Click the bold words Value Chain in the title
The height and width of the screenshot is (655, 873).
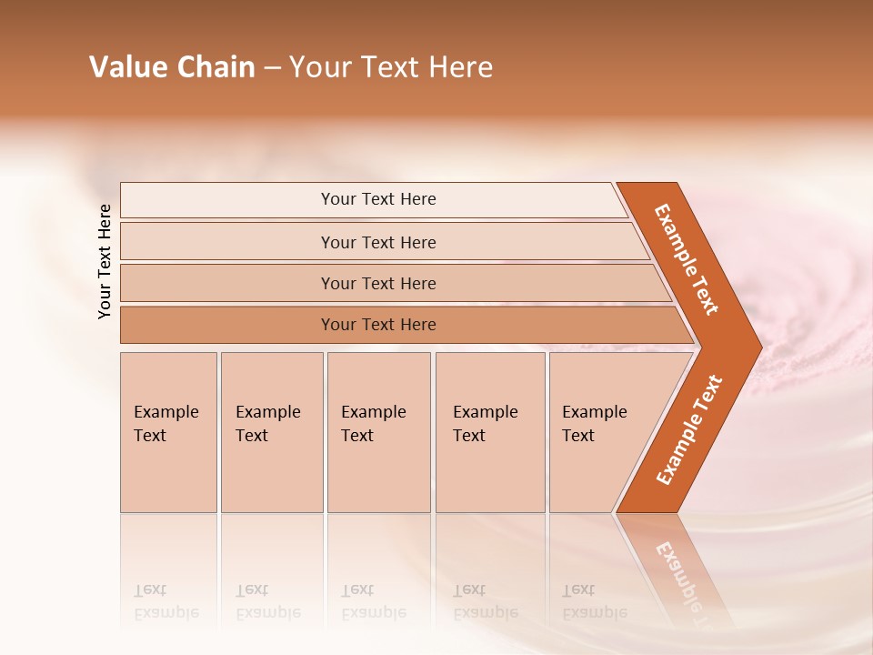click(x=172, y=67)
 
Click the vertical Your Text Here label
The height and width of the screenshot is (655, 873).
click(x=105, y=261)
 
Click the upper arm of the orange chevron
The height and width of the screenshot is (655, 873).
click(x=687, y=259)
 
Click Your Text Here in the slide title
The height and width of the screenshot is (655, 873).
click(x=391, y=67)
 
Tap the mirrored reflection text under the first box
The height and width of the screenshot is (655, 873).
click(x=166, y=601)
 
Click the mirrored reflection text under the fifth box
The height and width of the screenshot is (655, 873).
click(x=594, y=601)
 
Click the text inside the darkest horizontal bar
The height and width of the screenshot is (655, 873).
click(x=378, y=325)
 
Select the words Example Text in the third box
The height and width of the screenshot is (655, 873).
click(x=373, y=424)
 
